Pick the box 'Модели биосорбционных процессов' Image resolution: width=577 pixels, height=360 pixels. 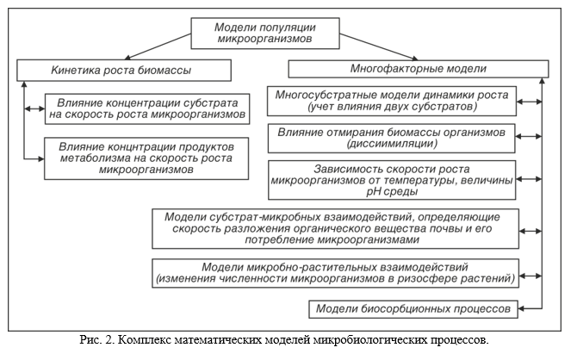[x=414, y=307]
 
